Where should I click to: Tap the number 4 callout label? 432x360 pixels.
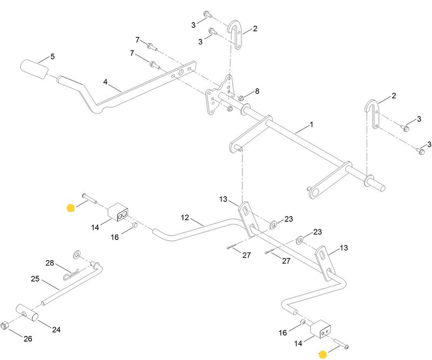pyautogui.click(x=106, y=82)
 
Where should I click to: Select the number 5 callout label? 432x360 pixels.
pyautogui.click(x=52, y=56)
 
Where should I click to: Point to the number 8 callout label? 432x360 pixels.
pyautogui.click(x=257, y=91)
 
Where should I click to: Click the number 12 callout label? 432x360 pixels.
pyautogui.click(x=185, y=218)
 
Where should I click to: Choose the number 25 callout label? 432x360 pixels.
pyautogui.click(x=35, y=280)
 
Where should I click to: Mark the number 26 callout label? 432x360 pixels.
pyautogui.click(x=29, y=338)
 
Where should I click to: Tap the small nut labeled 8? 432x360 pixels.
pyautogui.click(x=241, y=98)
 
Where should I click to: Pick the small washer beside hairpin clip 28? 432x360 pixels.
pyautogui.click(x=76, y=253)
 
